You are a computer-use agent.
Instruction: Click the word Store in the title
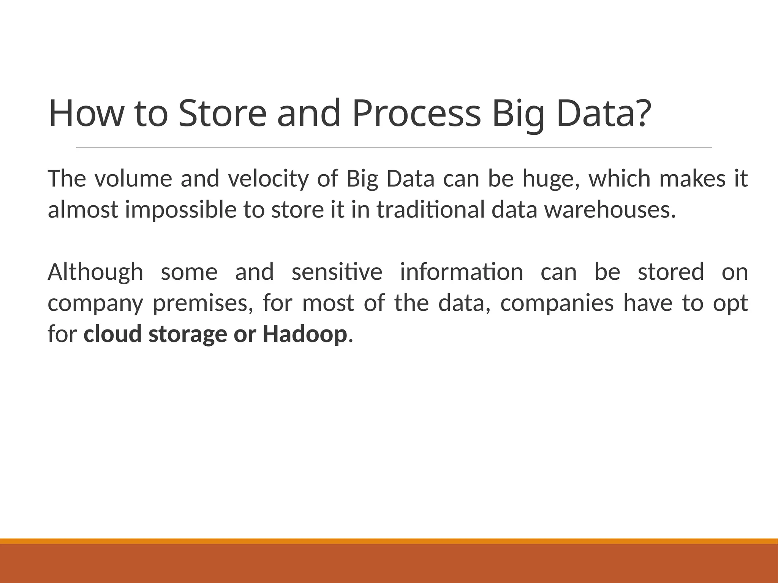point(223,114)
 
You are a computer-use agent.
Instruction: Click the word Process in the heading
point(416,114)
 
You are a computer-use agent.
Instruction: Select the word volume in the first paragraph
point(133,179)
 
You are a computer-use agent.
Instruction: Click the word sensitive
point(337,272)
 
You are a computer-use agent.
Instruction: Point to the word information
point(461,272)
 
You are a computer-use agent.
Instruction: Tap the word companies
point(557,304)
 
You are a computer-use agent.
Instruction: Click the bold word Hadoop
point(304,334)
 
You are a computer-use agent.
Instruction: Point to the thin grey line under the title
point(394,148)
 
